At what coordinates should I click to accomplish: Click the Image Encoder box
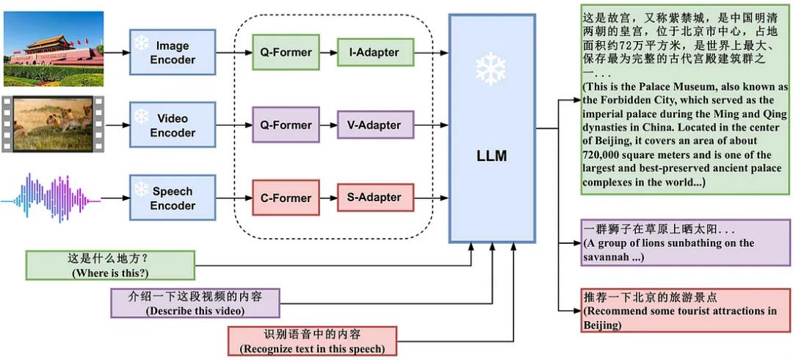(x=173, y=52)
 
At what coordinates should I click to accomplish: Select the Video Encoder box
(x=173, y=125)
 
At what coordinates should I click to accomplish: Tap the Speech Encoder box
(x=173, y=198)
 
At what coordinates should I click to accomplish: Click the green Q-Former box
(x=286, y=52)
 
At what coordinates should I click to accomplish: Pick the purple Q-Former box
(x=286, y=125)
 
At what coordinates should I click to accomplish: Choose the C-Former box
(x=286, y=198)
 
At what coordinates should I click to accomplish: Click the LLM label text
(x=491, y=156)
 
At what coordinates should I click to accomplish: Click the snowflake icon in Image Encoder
(x=141, y=42)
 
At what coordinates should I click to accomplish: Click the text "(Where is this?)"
(x=109, y=273)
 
